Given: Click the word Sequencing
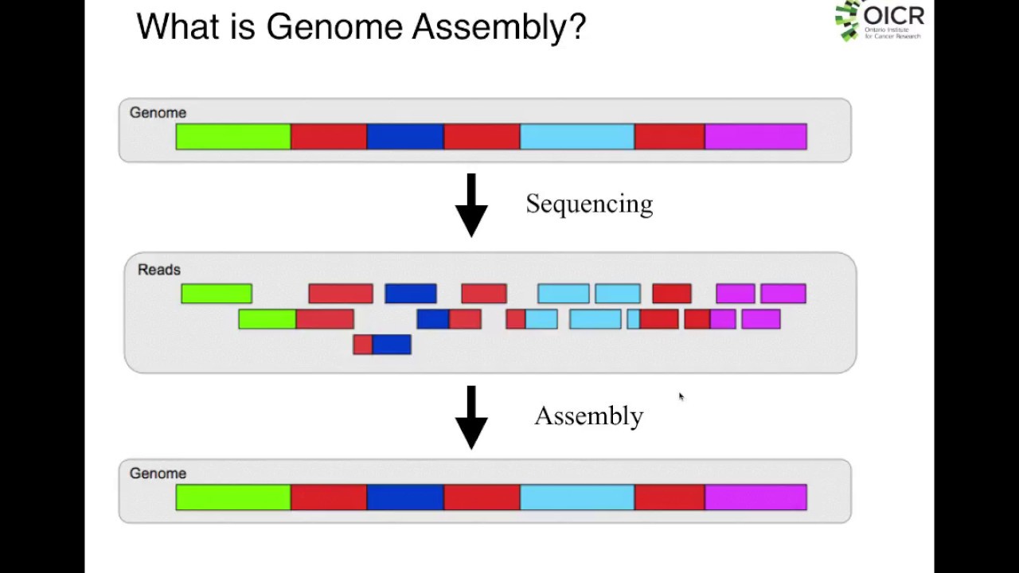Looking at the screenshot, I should (589, 205).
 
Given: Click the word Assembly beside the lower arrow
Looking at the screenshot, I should (588, 416).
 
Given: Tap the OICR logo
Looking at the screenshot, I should (879, 20).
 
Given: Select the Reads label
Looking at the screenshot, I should (159, 270).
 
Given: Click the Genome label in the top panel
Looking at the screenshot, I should (158, 113).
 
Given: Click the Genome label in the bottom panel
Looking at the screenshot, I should (158, 474).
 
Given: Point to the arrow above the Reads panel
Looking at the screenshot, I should (471, 205).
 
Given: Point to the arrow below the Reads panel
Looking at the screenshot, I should (471, 418).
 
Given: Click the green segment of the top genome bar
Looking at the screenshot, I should (233, 137).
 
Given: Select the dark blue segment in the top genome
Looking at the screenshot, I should (405, 137).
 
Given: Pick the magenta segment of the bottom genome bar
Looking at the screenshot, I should (755, 497).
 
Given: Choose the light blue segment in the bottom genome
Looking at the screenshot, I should (577, 497).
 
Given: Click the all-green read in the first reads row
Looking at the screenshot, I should (217, 294).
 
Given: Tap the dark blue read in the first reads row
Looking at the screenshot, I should (411, 294).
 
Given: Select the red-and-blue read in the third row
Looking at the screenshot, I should (382, 345).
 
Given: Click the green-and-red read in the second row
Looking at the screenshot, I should (296, 319).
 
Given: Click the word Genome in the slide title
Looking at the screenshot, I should (334, 26).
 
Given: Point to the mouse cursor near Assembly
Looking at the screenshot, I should (681, 397).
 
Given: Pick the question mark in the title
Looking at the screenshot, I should (577, 26).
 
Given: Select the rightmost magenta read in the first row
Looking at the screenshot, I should (783, 294).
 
